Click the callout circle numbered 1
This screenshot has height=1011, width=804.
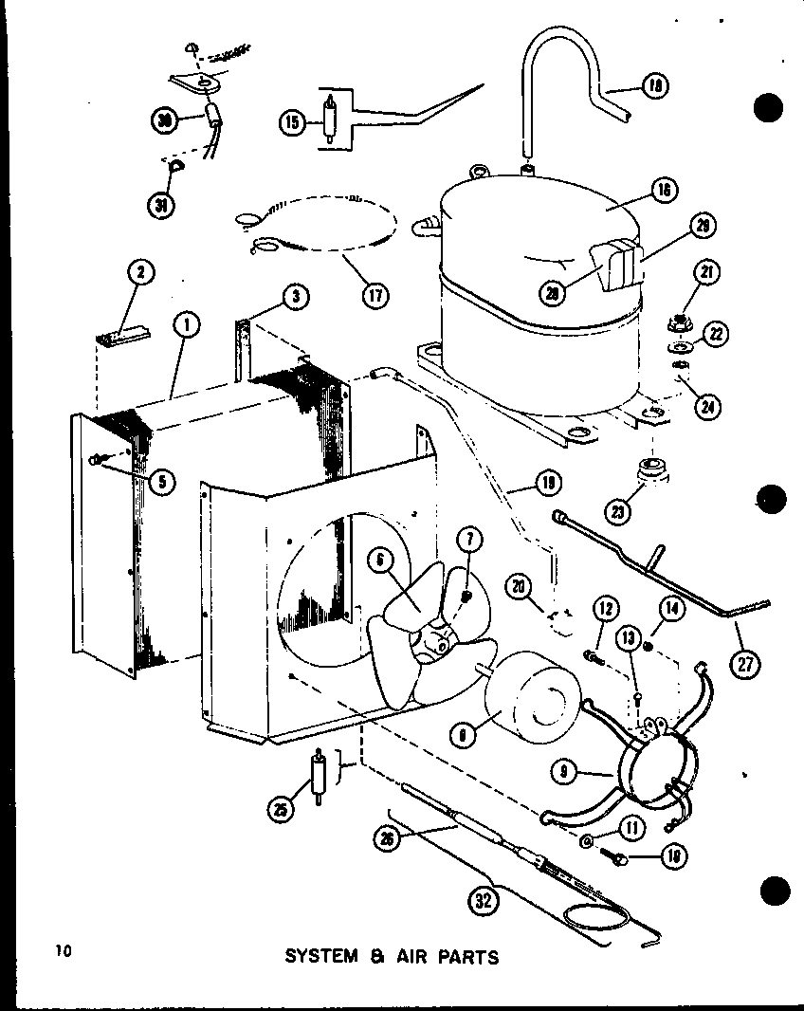tap(187, 326)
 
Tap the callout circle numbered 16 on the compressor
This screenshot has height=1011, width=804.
tap(663, 190)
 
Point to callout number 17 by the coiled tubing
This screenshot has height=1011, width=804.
tap(376, 294)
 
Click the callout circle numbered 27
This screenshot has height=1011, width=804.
tap(746, 663)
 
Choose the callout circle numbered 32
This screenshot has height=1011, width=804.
tap(484, 902)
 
